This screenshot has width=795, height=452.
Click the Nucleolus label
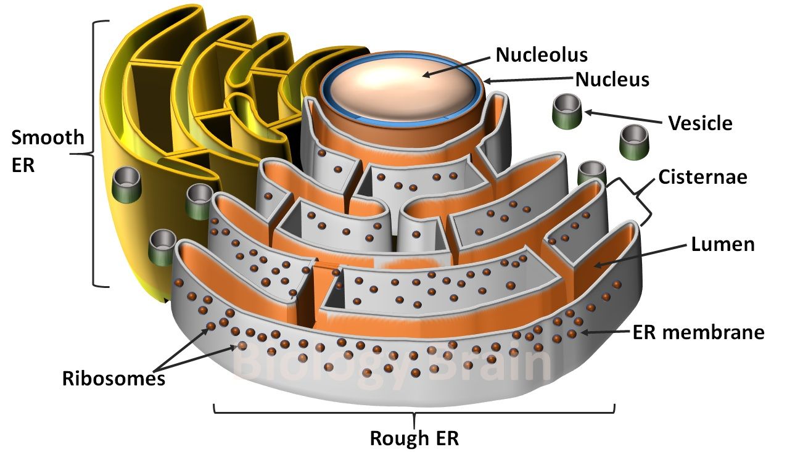542,54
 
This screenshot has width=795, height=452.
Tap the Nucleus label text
612,80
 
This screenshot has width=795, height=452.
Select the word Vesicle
700,123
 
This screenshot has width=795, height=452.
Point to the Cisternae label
702,177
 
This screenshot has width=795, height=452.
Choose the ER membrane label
698,333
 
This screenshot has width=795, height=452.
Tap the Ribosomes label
113,377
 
